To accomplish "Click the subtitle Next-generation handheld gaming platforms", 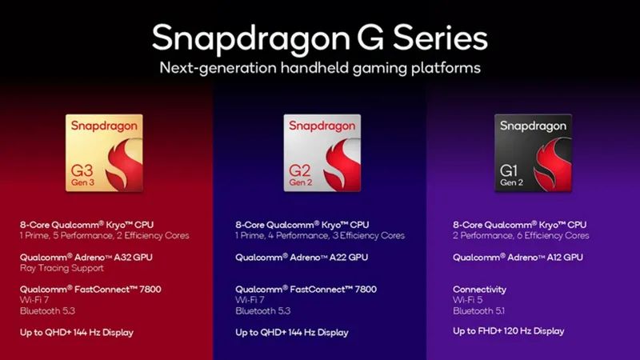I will point(319,68).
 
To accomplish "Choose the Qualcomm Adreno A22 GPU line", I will point(302,257).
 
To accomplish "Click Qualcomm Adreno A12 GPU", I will point(518,257).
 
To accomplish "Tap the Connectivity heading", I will point(479,289).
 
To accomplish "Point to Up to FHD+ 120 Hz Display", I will point(508,330).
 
